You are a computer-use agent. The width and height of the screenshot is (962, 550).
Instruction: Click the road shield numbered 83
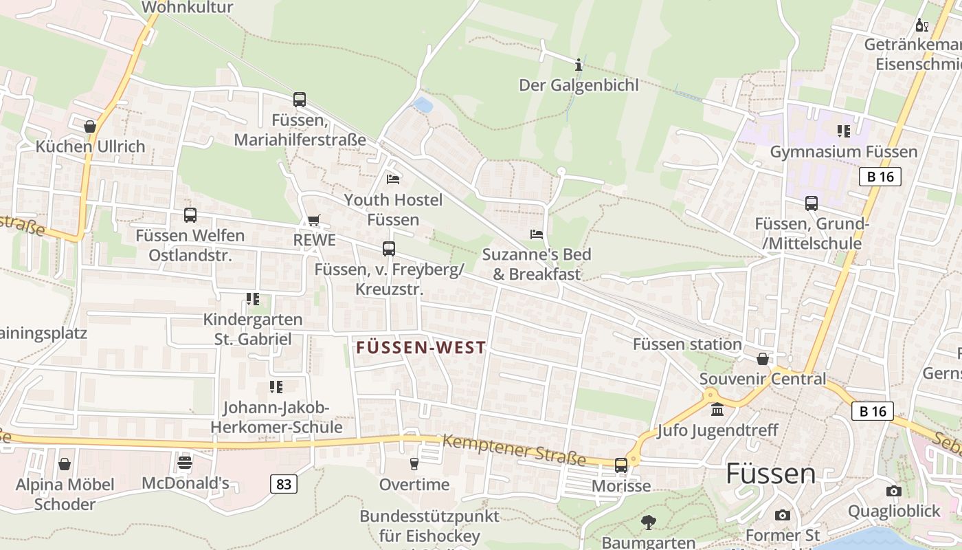(284, 484)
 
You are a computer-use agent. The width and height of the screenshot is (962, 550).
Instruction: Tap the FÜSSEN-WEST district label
(421, 348)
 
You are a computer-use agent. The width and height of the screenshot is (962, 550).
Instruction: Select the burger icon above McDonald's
(185, 463)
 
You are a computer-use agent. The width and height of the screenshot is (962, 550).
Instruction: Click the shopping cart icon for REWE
(314, 221)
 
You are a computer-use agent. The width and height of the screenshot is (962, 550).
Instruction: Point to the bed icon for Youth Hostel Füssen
(393, 179)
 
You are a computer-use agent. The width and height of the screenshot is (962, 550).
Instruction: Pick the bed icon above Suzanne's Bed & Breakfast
(537, 234)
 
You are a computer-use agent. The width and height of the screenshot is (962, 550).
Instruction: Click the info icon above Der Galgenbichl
(579, 65)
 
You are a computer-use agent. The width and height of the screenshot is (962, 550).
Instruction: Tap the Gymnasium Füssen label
(843, 152)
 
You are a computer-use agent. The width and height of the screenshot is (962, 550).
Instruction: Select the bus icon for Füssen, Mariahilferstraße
(299, 100)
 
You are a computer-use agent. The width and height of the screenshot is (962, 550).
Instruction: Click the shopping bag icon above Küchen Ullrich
(90, 126)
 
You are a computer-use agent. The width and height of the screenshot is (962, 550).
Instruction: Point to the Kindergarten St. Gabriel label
(253, 329)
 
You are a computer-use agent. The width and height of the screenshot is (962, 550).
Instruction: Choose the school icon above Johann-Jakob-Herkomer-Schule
(276, 387)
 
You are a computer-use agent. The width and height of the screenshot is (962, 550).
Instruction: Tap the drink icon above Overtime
(414, 464)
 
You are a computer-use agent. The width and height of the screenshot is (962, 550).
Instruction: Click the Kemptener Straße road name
(514, 450)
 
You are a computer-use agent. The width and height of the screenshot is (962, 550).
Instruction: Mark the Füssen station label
(686, 344)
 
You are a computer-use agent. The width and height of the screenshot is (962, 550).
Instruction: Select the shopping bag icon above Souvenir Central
(762, 359)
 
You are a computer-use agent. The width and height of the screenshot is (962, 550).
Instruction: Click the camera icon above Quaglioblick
(893, 491)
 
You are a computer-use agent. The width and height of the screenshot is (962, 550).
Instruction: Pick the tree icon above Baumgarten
(648, 522)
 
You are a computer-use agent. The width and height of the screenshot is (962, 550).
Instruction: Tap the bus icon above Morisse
(621, 465)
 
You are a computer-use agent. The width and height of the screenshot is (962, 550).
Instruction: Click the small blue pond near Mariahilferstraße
(423, 105)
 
